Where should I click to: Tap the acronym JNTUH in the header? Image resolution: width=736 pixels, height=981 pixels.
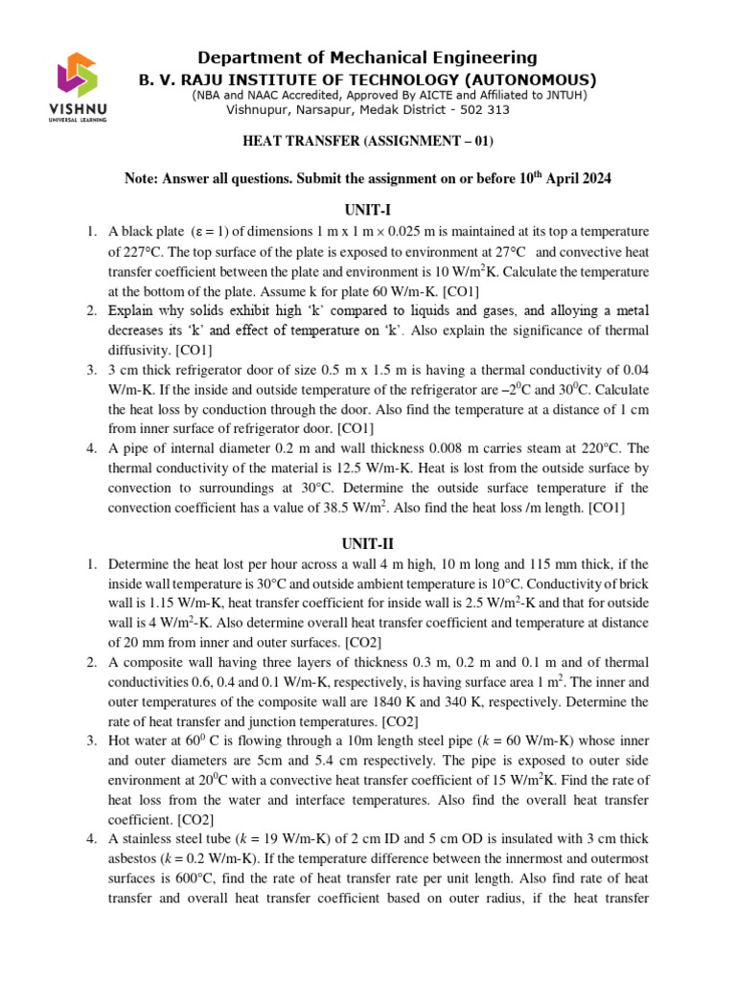pos(565,96)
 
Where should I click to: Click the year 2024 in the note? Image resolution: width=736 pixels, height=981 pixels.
pos(593,179)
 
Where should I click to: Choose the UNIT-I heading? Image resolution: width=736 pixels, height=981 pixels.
pos(367,210)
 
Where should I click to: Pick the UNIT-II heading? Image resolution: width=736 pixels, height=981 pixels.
pos(367,543)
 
